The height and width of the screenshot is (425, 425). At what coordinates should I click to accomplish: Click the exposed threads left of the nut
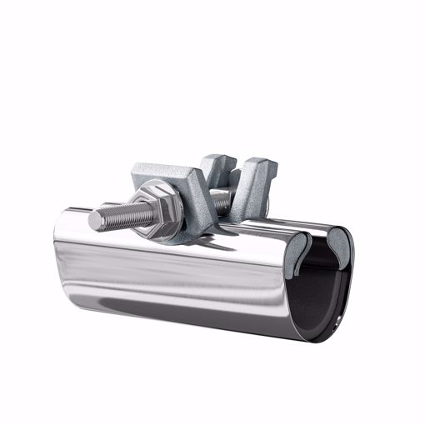click(x=121, y=217)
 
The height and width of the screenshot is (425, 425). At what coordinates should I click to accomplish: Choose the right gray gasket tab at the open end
click(x=338, y=242)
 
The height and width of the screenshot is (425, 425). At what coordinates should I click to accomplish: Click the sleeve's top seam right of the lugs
click(x=292, y=225)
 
